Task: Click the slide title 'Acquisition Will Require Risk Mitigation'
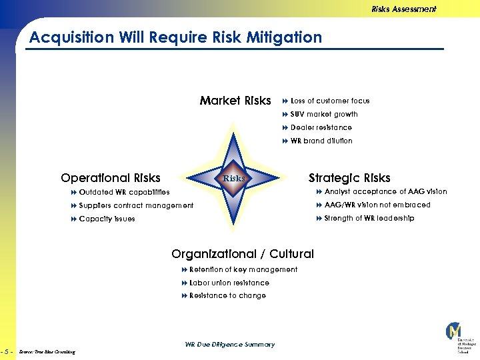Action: point(175,37)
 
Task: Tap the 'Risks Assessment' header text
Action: point(403,9)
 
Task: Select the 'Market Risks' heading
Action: point(235,101)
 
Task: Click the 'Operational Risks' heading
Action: point(111,178)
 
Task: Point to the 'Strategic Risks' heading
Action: point(349,178)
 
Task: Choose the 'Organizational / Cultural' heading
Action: point(243,254)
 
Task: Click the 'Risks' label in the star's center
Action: point(233,178)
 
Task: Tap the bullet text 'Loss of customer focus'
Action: point(330,101)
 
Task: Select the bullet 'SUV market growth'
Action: point(324,114)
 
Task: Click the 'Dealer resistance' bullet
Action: point(321,127)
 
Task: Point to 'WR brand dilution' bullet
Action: point(321,141)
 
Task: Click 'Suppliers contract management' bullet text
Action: point(136,205)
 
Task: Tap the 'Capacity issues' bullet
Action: point(107,219)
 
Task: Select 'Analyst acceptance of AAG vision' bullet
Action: point(385,191)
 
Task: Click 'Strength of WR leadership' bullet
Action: point(369,218)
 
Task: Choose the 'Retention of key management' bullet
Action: point(243,269)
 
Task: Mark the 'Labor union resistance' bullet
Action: point(229,283)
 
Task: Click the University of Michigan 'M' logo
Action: point(455,331)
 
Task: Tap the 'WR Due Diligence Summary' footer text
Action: point(229,345)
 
